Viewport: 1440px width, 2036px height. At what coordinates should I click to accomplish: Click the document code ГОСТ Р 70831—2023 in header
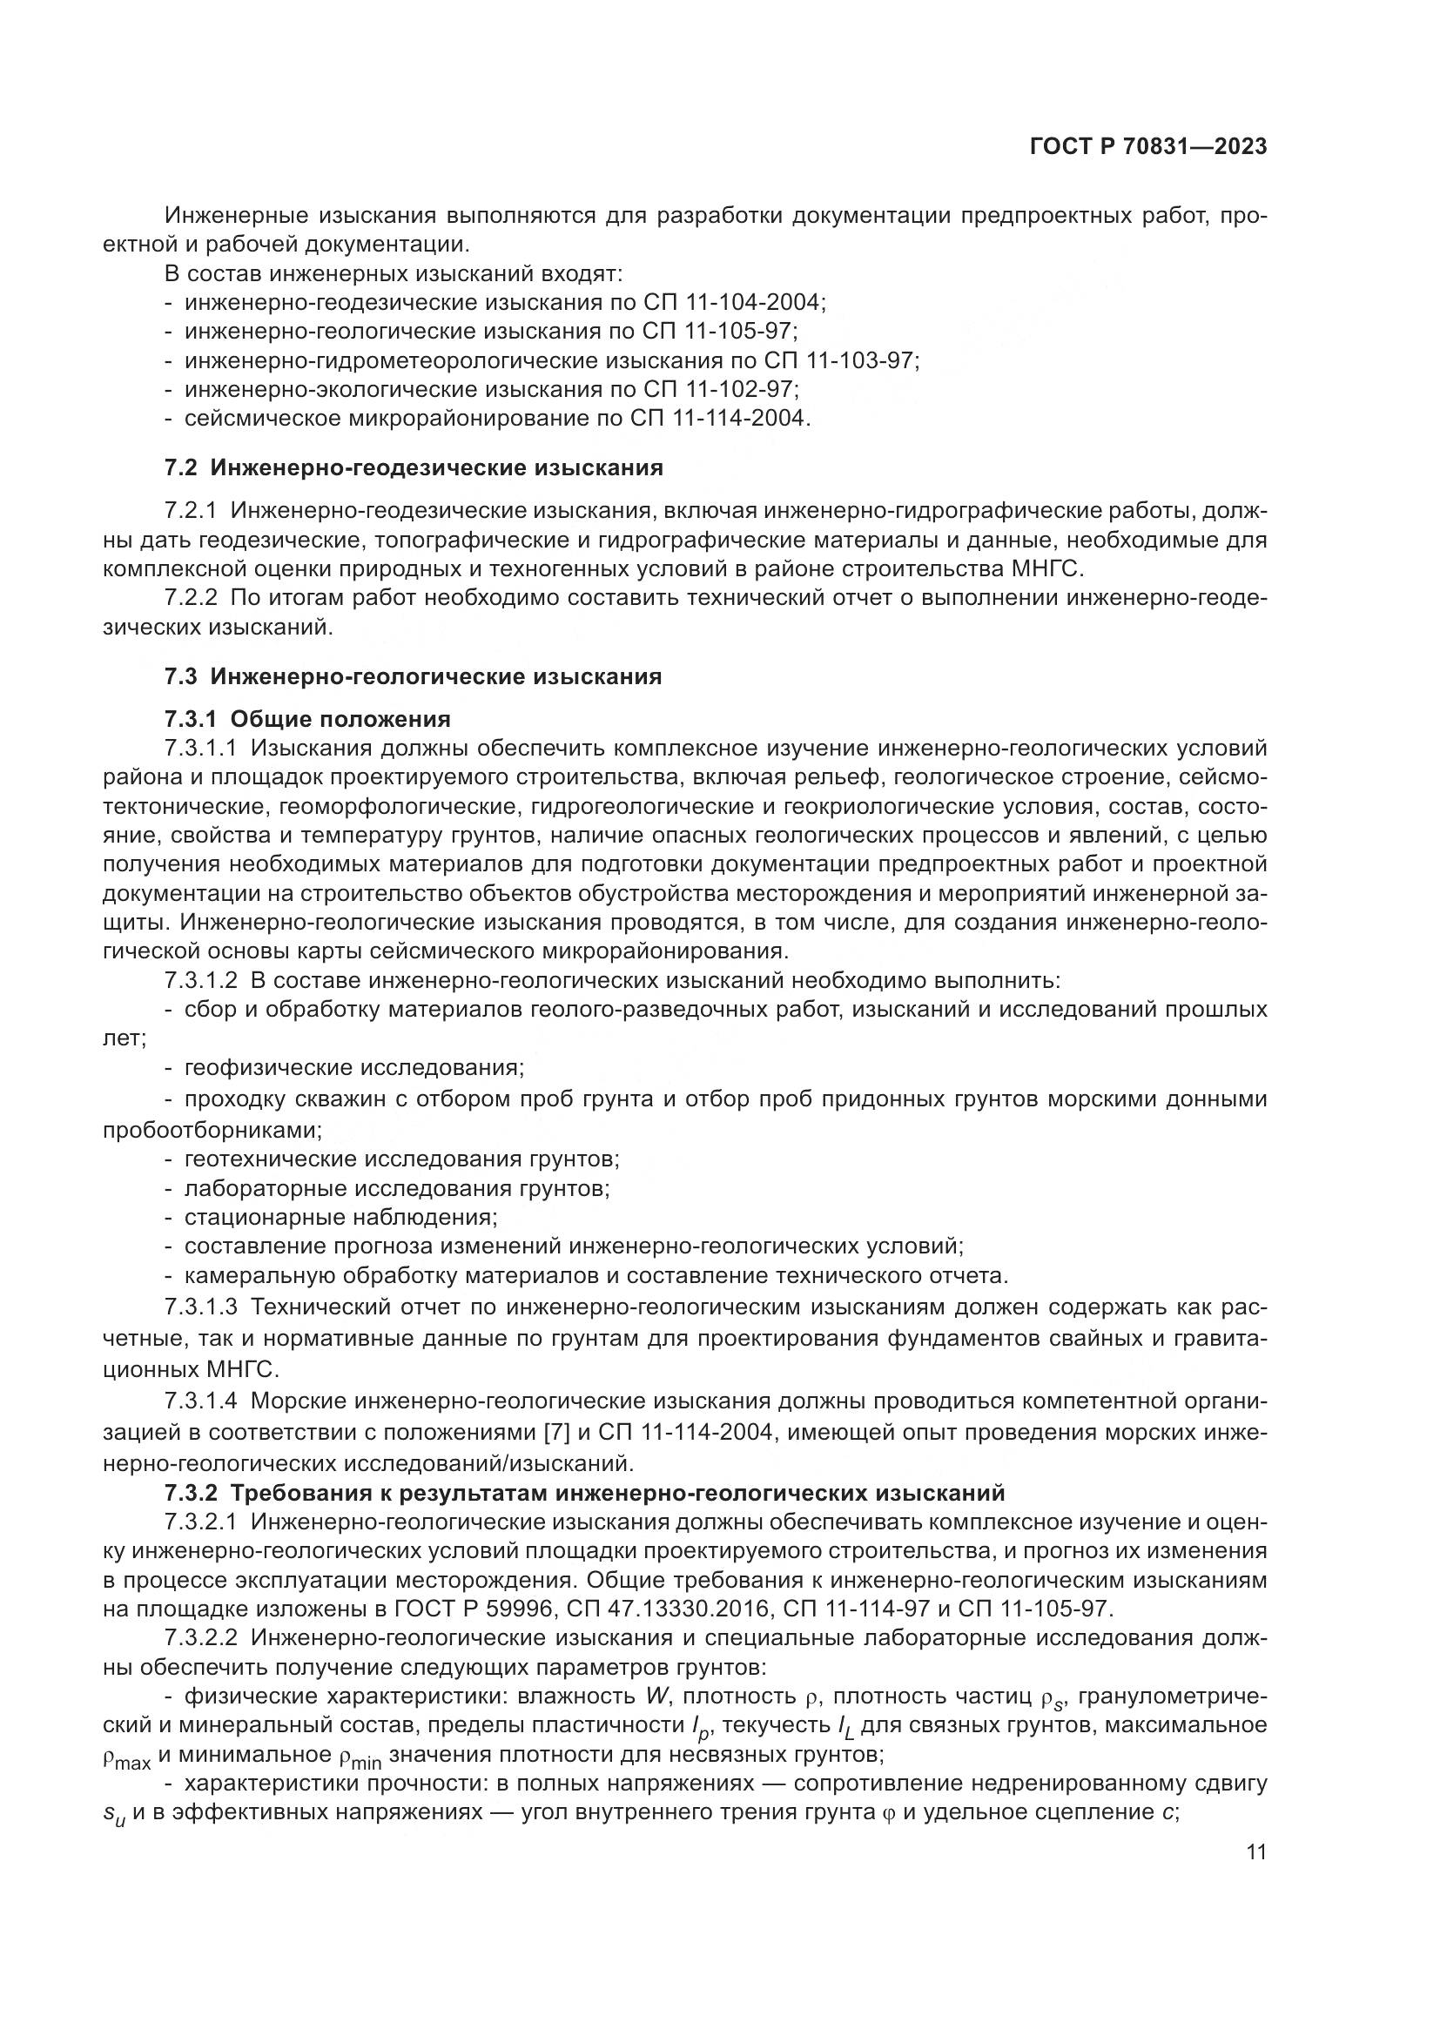1147,147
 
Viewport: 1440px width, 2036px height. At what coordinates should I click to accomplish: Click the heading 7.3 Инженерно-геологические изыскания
414,676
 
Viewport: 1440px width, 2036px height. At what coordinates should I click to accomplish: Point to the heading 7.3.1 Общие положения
307,718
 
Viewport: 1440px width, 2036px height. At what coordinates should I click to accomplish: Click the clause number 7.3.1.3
201,1307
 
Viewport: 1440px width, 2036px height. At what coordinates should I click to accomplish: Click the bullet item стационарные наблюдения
340,1217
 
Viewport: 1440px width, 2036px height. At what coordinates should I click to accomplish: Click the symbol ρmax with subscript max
127,1759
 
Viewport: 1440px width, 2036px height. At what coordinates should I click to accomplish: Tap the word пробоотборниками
212,1130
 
